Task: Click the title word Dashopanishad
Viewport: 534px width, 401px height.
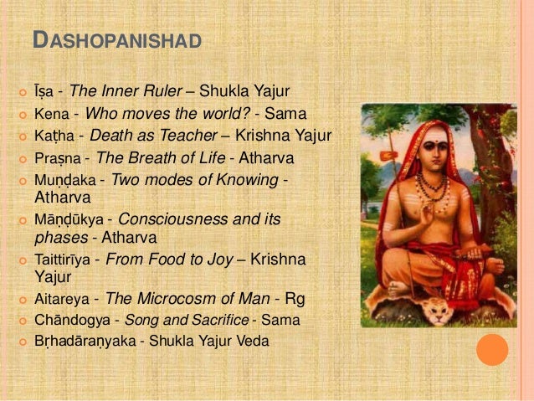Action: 116,39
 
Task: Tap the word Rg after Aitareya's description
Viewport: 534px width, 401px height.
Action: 294,298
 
